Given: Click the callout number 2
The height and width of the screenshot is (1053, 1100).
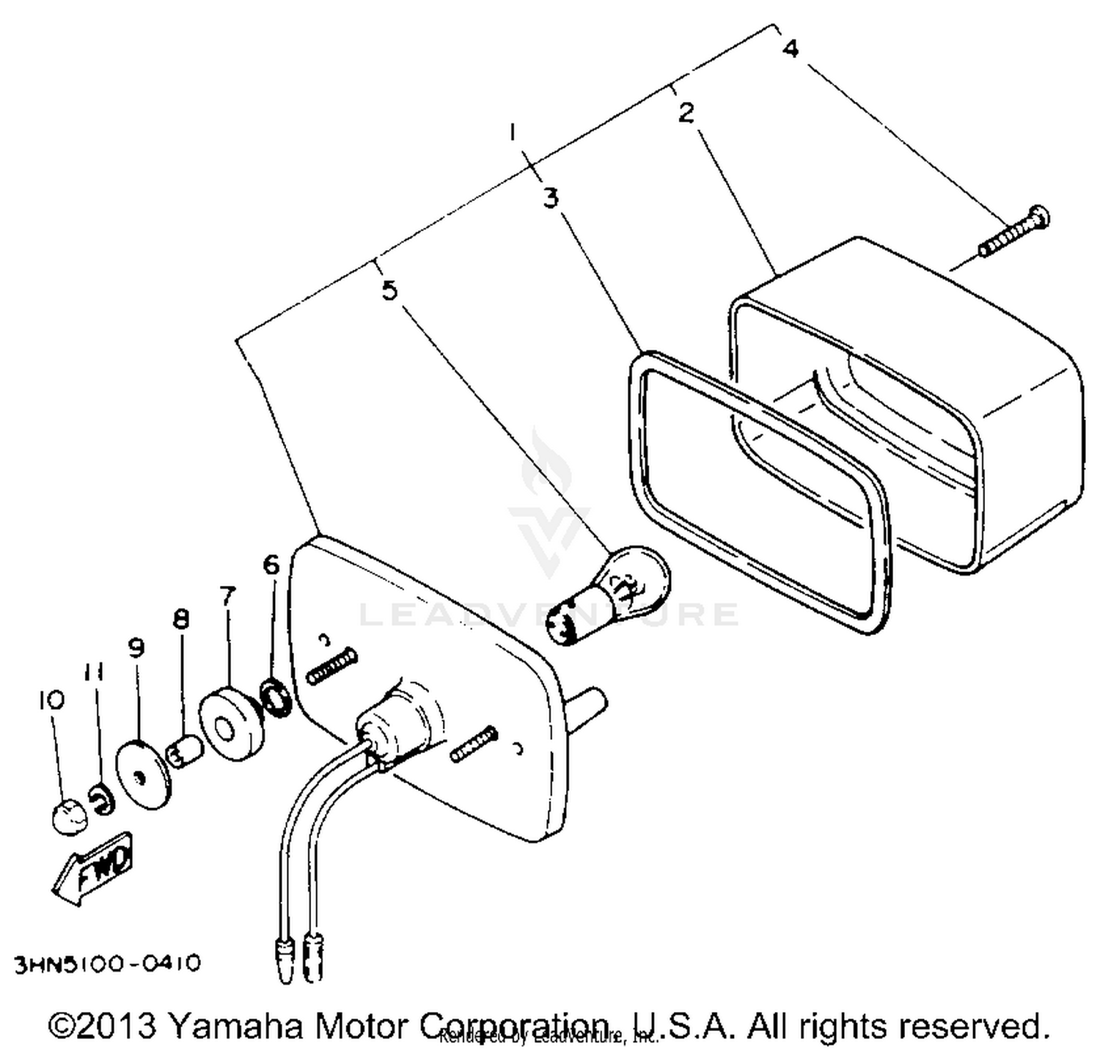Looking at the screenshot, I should (x=686, y=114).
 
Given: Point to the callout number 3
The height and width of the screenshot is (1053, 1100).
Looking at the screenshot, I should (x=551, y=198).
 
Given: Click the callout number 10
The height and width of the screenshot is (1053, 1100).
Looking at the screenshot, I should (x=51, y=700).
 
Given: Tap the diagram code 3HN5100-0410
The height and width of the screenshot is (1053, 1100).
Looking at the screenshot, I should (x=108, y=964).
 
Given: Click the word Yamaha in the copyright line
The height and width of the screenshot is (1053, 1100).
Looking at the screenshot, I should (x=234, y=1025).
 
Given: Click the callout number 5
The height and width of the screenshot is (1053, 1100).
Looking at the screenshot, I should (x=389, y=290).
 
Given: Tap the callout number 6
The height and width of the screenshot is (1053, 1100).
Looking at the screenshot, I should (x=271, y=565).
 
